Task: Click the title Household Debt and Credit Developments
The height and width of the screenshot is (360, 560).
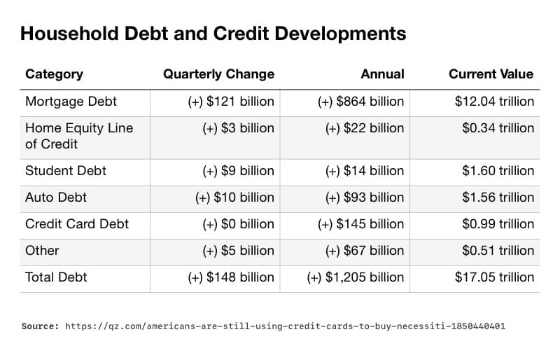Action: (x=213, y=34)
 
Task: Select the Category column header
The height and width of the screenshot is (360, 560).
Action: (x=54, y=74)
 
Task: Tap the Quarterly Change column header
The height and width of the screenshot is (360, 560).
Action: (x=218, y=74)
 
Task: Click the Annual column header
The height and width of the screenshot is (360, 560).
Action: (x=382, y=74)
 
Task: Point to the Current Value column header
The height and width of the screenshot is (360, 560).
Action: (x=491, y=74)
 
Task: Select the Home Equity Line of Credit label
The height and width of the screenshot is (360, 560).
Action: (x=78, y=136)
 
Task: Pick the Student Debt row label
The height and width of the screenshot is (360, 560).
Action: (x=65, y=171)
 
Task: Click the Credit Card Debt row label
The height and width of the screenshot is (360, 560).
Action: (x=77, y=224)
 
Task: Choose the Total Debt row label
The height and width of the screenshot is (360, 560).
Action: (x=56, y=277)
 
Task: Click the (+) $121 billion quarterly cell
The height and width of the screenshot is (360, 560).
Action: (x=231, y=102)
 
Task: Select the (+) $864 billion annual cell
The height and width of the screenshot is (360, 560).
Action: (x=360, y=102)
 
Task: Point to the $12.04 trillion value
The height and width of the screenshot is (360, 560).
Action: (x=494, y=102)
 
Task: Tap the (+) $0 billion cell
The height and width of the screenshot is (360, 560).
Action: (x=238, y=224)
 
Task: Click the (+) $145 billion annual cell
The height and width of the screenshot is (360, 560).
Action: (x=360, y=224)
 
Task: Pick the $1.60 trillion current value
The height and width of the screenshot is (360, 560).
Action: (x=498, y=171)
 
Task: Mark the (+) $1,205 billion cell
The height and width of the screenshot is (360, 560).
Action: (x=355, y=277)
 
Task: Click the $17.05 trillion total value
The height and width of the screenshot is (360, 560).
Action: (x=494, y=277)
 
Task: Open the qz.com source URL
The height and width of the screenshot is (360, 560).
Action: (x=285, y=326)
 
